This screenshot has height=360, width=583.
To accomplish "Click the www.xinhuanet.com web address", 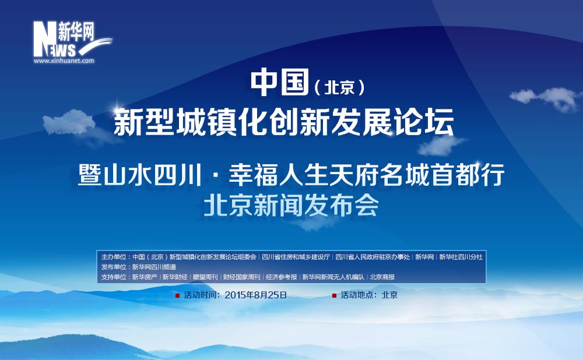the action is pyautogui.click(x=64, y=61).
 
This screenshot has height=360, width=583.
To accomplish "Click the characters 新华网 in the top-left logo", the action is pyautogui.click(x=76, y=31).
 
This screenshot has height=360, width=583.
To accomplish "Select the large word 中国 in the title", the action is pyautogui.click(x=280, y=82).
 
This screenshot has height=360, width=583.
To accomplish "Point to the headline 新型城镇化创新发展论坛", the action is pyautogui.click(x=284, y=122).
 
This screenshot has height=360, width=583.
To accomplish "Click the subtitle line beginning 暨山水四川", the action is pyautogui.click(x=291, y=175).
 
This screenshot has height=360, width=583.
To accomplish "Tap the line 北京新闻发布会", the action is pyautogui.click(x=291, y=206).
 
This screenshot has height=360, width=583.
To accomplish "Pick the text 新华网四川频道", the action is pyautogui.click(x=154, y=267).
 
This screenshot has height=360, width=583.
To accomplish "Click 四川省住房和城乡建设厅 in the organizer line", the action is pyautogui.click(x=296, y=257).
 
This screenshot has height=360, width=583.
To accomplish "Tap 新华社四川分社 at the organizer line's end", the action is pyautogui.click(x=461, y=257).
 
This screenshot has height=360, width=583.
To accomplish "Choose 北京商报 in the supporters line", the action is pyautogui.click(x=382, y=277).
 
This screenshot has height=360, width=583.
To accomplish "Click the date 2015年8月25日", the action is pyautogui.click(x=256, y=295).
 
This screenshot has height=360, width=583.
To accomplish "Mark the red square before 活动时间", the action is pyautogui.click(x=178, y=295).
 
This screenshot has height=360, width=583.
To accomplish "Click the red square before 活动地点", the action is pyautogui.click(x=334, y=295).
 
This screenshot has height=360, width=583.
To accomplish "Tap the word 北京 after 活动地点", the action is pyautogui.click(x=389, y=295).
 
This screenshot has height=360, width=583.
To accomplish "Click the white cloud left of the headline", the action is pyautogui.click(x=69, y=122).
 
